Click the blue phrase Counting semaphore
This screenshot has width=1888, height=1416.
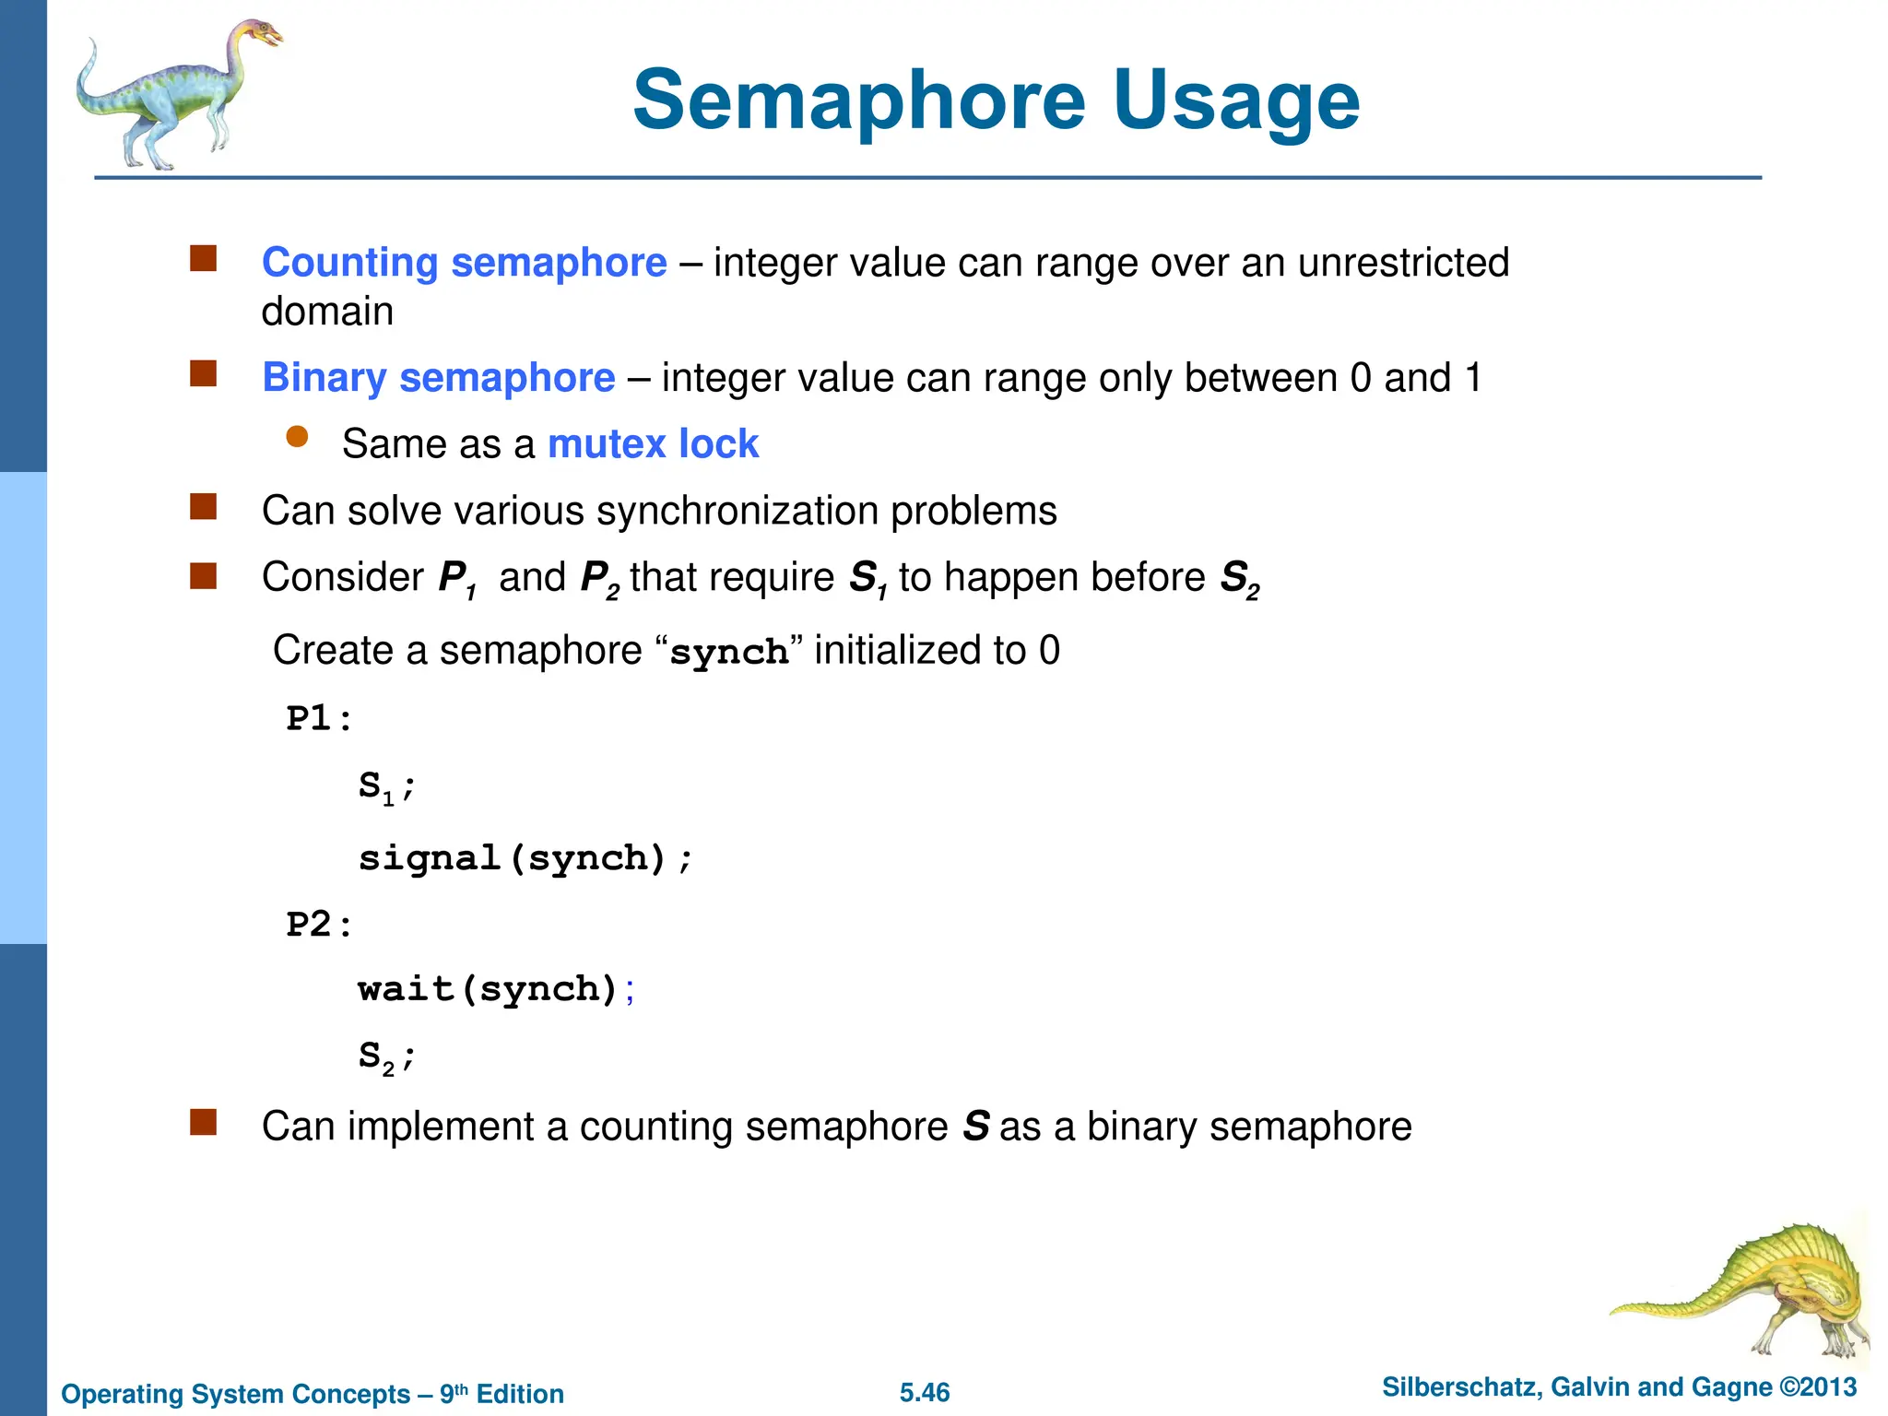[464, 263]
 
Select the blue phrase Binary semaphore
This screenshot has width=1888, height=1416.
[438, 378]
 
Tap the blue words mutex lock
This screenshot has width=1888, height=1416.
[653, 444]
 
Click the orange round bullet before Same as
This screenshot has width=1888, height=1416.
[297, 437]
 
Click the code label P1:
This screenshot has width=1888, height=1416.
[319, 718]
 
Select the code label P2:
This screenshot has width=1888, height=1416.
[319, 925]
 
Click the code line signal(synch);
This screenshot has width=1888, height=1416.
[525, 858]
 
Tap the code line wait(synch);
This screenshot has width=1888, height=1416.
[496, 989]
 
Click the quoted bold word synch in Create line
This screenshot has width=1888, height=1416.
[728, 653]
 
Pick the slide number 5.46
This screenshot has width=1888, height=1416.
[925, 1393]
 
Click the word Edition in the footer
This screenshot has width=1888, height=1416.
[520, 1394]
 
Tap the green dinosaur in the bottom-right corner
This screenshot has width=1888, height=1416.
[1761, 1291]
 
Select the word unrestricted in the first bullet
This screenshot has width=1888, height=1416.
[1403, 263]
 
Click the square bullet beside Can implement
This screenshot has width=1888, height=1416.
[203, 1122]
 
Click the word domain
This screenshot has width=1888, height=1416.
[327, 312]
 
